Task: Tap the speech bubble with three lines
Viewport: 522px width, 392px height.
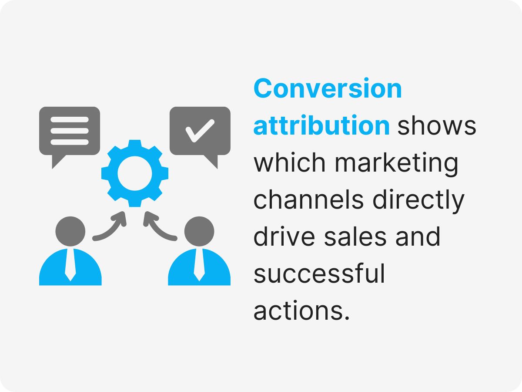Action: (70, 131)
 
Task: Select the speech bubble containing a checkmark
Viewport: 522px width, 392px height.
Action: (200, 131)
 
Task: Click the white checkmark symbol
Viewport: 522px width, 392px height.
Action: (200, 129)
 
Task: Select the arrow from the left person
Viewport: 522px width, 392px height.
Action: (111, 226)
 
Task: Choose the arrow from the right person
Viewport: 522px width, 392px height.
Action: (159, 226)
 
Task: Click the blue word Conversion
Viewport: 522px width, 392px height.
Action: (328, 89)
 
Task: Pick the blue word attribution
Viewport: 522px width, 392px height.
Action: (321, 126)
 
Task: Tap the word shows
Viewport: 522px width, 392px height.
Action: (437, 126)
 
